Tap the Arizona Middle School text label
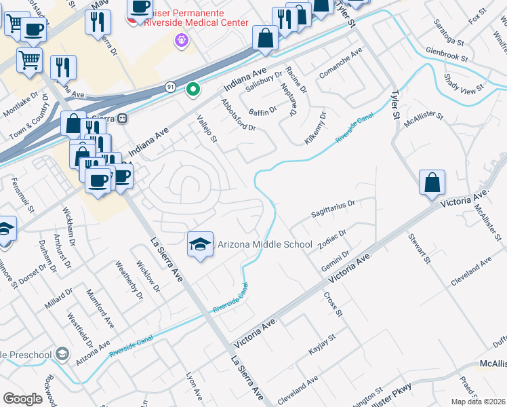click(264, 244)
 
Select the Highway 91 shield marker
click(170, 86)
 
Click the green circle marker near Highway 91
click(193, 89)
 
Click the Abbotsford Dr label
click(238, 115)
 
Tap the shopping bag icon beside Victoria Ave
click(432, 182)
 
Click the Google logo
click(23, 399)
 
